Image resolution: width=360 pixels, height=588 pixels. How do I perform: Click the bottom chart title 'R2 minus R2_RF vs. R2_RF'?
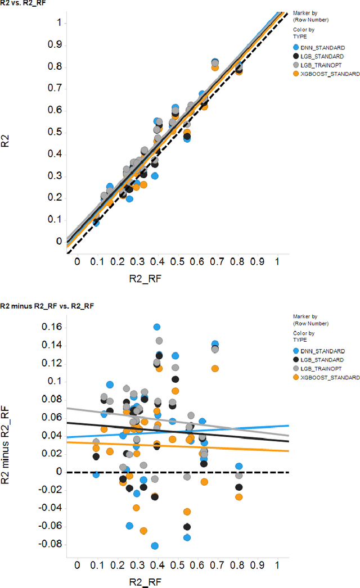[47, 306]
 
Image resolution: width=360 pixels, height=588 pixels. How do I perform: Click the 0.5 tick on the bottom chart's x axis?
[177, 564]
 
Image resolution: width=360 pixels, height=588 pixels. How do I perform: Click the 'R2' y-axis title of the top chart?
[7, 140]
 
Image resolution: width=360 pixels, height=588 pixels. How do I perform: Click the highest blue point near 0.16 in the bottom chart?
[157, 327]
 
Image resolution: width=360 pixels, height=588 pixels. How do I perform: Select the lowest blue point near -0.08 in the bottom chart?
[155, 546]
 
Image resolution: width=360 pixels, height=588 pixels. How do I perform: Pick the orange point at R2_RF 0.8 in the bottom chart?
[239, 497]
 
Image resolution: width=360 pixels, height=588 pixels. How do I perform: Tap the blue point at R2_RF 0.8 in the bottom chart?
[239, 466]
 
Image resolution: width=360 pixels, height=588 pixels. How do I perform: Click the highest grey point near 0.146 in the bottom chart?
[159, 341]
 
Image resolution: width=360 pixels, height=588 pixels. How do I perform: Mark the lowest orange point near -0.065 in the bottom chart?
[143, 531]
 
